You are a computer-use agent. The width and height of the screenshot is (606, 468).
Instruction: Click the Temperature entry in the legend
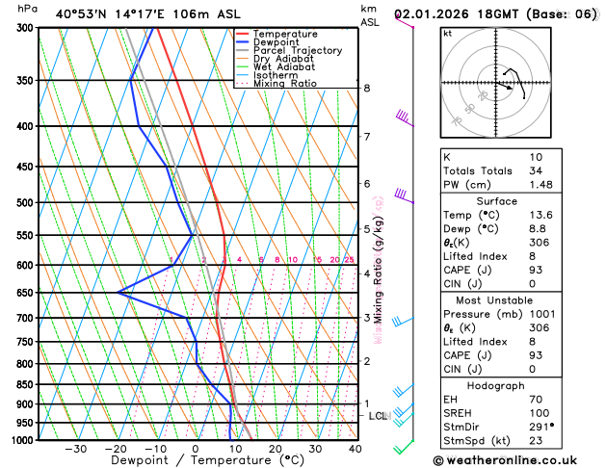pos(287,34)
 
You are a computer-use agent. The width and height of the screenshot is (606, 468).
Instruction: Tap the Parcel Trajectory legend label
pos(297,51)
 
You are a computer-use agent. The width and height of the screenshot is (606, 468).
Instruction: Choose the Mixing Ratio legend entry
pos(285,84)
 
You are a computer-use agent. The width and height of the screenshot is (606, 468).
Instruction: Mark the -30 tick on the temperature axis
pos(76,449)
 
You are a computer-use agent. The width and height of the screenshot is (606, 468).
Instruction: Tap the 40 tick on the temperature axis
pos(356,449)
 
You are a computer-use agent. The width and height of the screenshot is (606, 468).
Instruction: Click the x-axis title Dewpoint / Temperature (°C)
pos(195,461)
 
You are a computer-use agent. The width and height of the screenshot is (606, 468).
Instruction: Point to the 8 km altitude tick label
pos(366,89)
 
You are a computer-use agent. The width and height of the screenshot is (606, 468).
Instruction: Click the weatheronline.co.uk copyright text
pos(519,459)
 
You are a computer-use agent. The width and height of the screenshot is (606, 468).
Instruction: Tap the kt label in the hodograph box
pos(448,33)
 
